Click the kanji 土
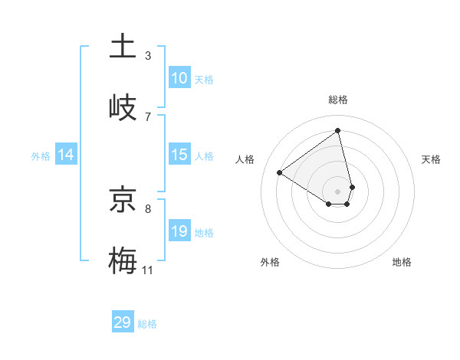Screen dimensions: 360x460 pos(123,46)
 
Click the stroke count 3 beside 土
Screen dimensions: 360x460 pos(148,55)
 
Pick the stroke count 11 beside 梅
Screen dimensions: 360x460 pos(148,270)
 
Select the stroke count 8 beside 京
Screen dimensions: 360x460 pos(148,208)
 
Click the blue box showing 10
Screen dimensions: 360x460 pos(179,78)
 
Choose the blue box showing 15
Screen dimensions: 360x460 pos(179,155)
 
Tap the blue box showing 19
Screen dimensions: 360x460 pos(179,231)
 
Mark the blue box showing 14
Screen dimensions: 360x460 pos(66,155)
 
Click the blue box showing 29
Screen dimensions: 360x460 pos(123,322)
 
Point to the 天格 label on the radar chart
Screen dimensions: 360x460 pos(432,159)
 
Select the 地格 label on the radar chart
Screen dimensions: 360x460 pos(402,262)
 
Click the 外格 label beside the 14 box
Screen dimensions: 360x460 pos(41,155)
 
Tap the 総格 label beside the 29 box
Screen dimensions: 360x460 pos(147,324)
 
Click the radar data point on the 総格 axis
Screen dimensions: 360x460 pos(338,130)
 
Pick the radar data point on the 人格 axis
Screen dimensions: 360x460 pos(280,173)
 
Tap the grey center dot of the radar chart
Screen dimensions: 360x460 pos(338,191)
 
